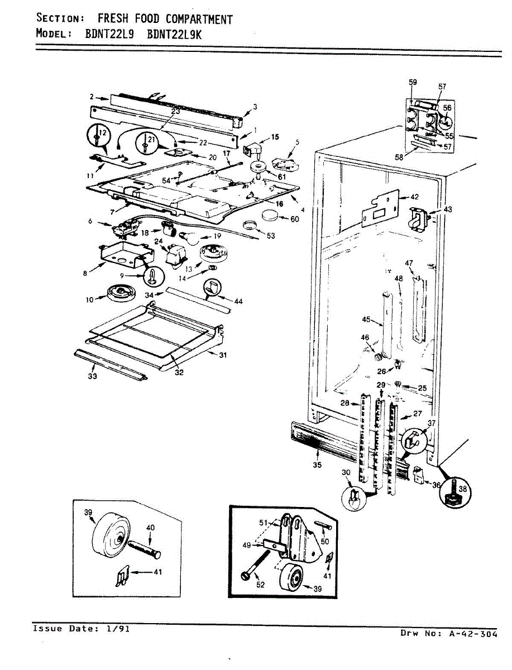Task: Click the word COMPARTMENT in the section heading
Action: coord(199,20)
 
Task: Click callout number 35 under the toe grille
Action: coord(317,465)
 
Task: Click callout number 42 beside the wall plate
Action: coord(414,197)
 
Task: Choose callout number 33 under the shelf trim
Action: coord(92,376)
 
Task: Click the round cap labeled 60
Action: coord(271,216)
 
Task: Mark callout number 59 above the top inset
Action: coord(413,82)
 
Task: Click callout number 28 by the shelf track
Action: coord(344,403)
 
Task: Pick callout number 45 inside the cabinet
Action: coord(366,319)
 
